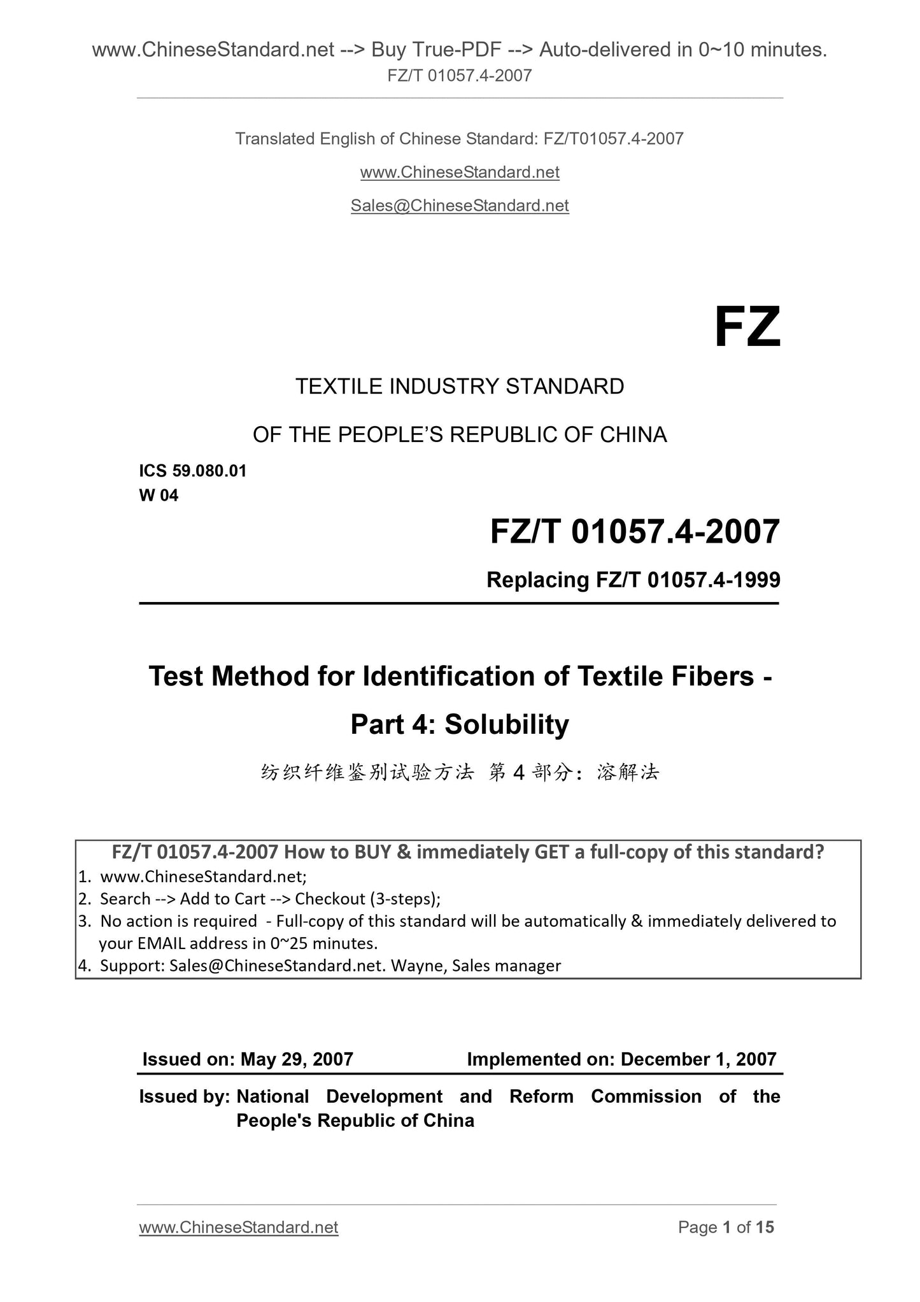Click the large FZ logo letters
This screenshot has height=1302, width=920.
[747, 328]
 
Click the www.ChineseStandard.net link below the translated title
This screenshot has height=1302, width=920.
[460, 173]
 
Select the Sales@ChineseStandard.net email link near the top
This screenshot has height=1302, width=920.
[460, 206]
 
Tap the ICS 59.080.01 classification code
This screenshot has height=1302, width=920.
[192, 471]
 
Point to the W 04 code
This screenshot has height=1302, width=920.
[159, 496]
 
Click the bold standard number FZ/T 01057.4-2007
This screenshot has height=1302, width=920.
[635, 532]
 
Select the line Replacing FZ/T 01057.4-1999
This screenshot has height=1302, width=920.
[633, 580]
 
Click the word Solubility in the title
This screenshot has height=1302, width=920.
[507, 724]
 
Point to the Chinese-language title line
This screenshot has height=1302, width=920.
[460, 773]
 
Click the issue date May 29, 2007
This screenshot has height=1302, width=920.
[296, 1059]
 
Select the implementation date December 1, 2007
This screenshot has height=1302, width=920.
[698, 1059]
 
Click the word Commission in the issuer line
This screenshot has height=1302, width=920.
[646, 1096]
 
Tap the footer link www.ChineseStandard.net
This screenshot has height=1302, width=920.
[238, 1227]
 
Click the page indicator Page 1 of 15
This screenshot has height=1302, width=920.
[726, 1227]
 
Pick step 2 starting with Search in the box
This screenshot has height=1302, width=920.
[270, 899]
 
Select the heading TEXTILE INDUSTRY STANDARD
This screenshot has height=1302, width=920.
[460, 387]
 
